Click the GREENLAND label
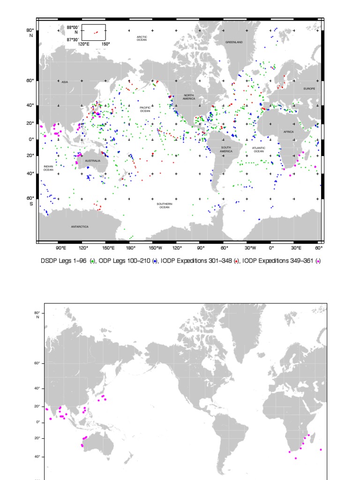point(234,42)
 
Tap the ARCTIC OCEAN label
point(142,38)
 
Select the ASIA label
point(65,82)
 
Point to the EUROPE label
point(309,89)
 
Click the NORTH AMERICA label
point(189,97)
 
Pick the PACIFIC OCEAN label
point(145,109)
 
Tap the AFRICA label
point(288,132)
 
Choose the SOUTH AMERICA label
point(226,150)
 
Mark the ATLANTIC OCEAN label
point(258,150)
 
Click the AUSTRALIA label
point(93,161)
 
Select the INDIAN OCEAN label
point(48,168)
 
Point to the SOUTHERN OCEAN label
point(164,205)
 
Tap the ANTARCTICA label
point(80,227)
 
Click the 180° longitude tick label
point(131,247)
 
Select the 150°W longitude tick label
point(155,247)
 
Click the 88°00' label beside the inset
point(73,27)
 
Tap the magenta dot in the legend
point(319,261)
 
